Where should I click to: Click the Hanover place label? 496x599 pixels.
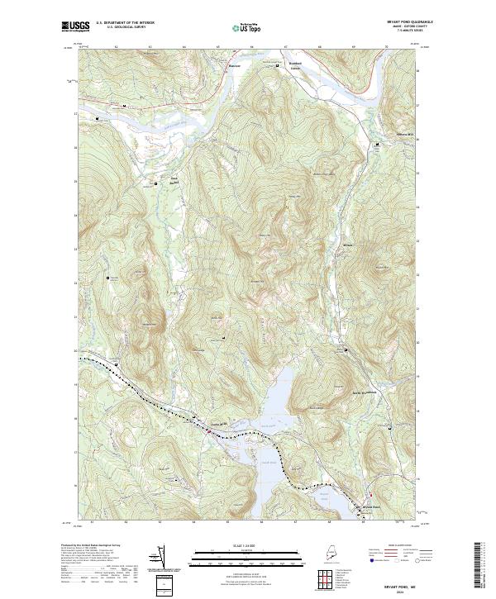pos(236,64)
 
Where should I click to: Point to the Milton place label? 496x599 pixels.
pos(347,246)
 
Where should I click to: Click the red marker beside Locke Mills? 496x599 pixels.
pos(207,428)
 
